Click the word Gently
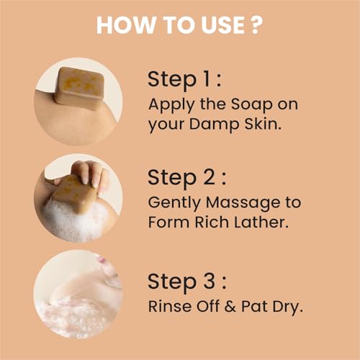coord(174,202)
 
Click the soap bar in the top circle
coord(79,86)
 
